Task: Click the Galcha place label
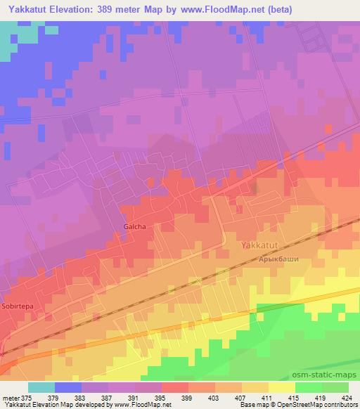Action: click(x=134, y=226)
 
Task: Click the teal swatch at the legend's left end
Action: click(x=41, y=387)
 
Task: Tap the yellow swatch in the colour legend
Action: click(x=281, y=387)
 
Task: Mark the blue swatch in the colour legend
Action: click(x=68, y=387)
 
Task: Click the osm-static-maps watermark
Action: click(x=331, y=376)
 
